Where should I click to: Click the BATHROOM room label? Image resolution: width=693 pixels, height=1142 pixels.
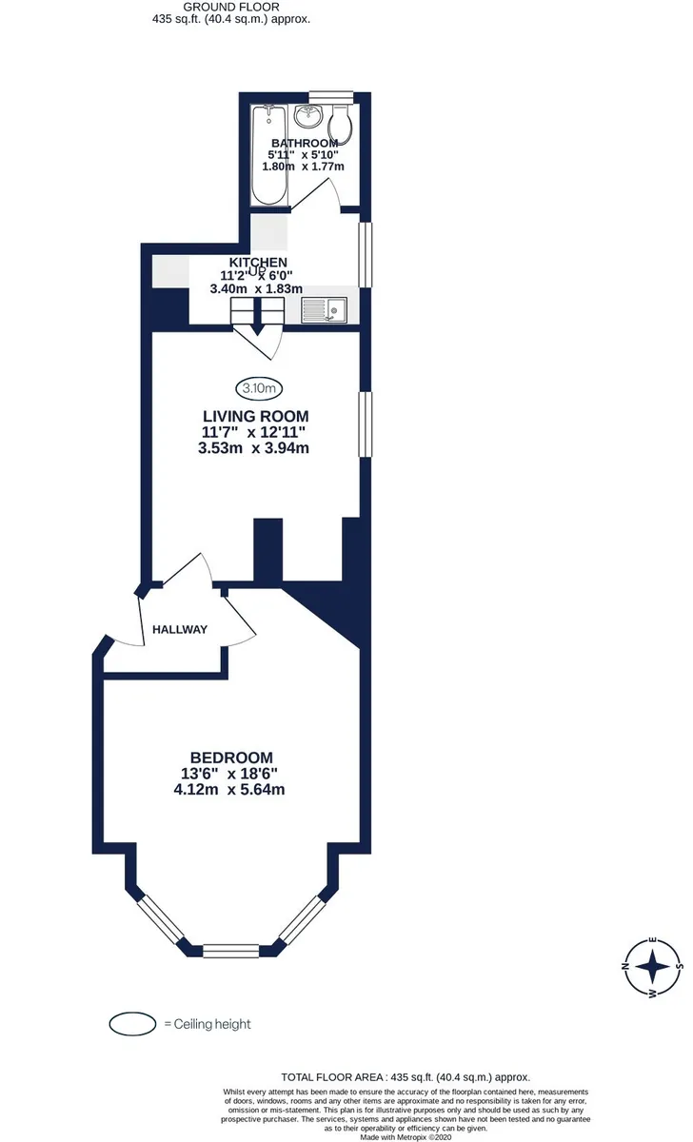(x=305, y=143)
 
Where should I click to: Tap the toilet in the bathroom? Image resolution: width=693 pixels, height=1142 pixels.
(x=340, y=124)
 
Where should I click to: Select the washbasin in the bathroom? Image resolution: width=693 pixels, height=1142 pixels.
(x=308, y=116)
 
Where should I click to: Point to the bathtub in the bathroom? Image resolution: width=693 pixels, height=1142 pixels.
(x=269, y=155)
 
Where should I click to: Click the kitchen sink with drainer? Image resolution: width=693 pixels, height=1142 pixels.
(x=325, y=310)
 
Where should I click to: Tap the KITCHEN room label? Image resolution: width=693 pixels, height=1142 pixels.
(x=258, y=262)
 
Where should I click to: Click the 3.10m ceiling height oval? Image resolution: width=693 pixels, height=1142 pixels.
(x=259, y=388)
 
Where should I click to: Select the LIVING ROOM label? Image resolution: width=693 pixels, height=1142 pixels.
(x=256, y=416)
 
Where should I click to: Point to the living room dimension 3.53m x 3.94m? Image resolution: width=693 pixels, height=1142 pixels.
(x=254, y=448)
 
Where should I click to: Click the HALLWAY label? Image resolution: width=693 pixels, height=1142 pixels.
(x=180, y=629)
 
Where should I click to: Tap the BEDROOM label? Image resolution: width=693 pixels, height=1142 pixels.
(x=231, y=758)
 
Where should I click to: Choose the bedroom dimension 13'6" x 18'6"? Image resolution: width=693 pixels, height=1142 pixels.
(x=229, y=774)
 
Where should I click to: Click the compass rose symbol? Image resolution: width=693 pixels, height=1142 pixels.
(x=653, y=966)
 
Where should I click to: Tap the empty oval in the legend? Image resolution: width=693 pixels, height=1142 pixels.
(x=132, y=1023)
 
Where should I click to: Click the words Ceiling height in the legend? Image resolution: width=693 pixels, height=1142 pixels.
(x=212, y=1024)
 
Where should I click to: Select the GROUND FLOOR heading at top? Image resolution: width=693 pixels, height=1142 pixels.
(x=231, y=8)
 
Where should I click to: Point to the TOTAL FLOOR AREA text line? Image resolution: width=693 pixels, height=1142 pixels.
(x=406, y=1077)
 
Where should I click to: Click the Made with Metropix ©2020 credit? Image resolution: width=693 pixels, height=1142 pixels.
(x=406, y=1137)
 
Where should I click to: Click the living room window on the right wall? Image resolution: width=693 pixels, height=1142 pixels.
(x=366, y=424)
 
